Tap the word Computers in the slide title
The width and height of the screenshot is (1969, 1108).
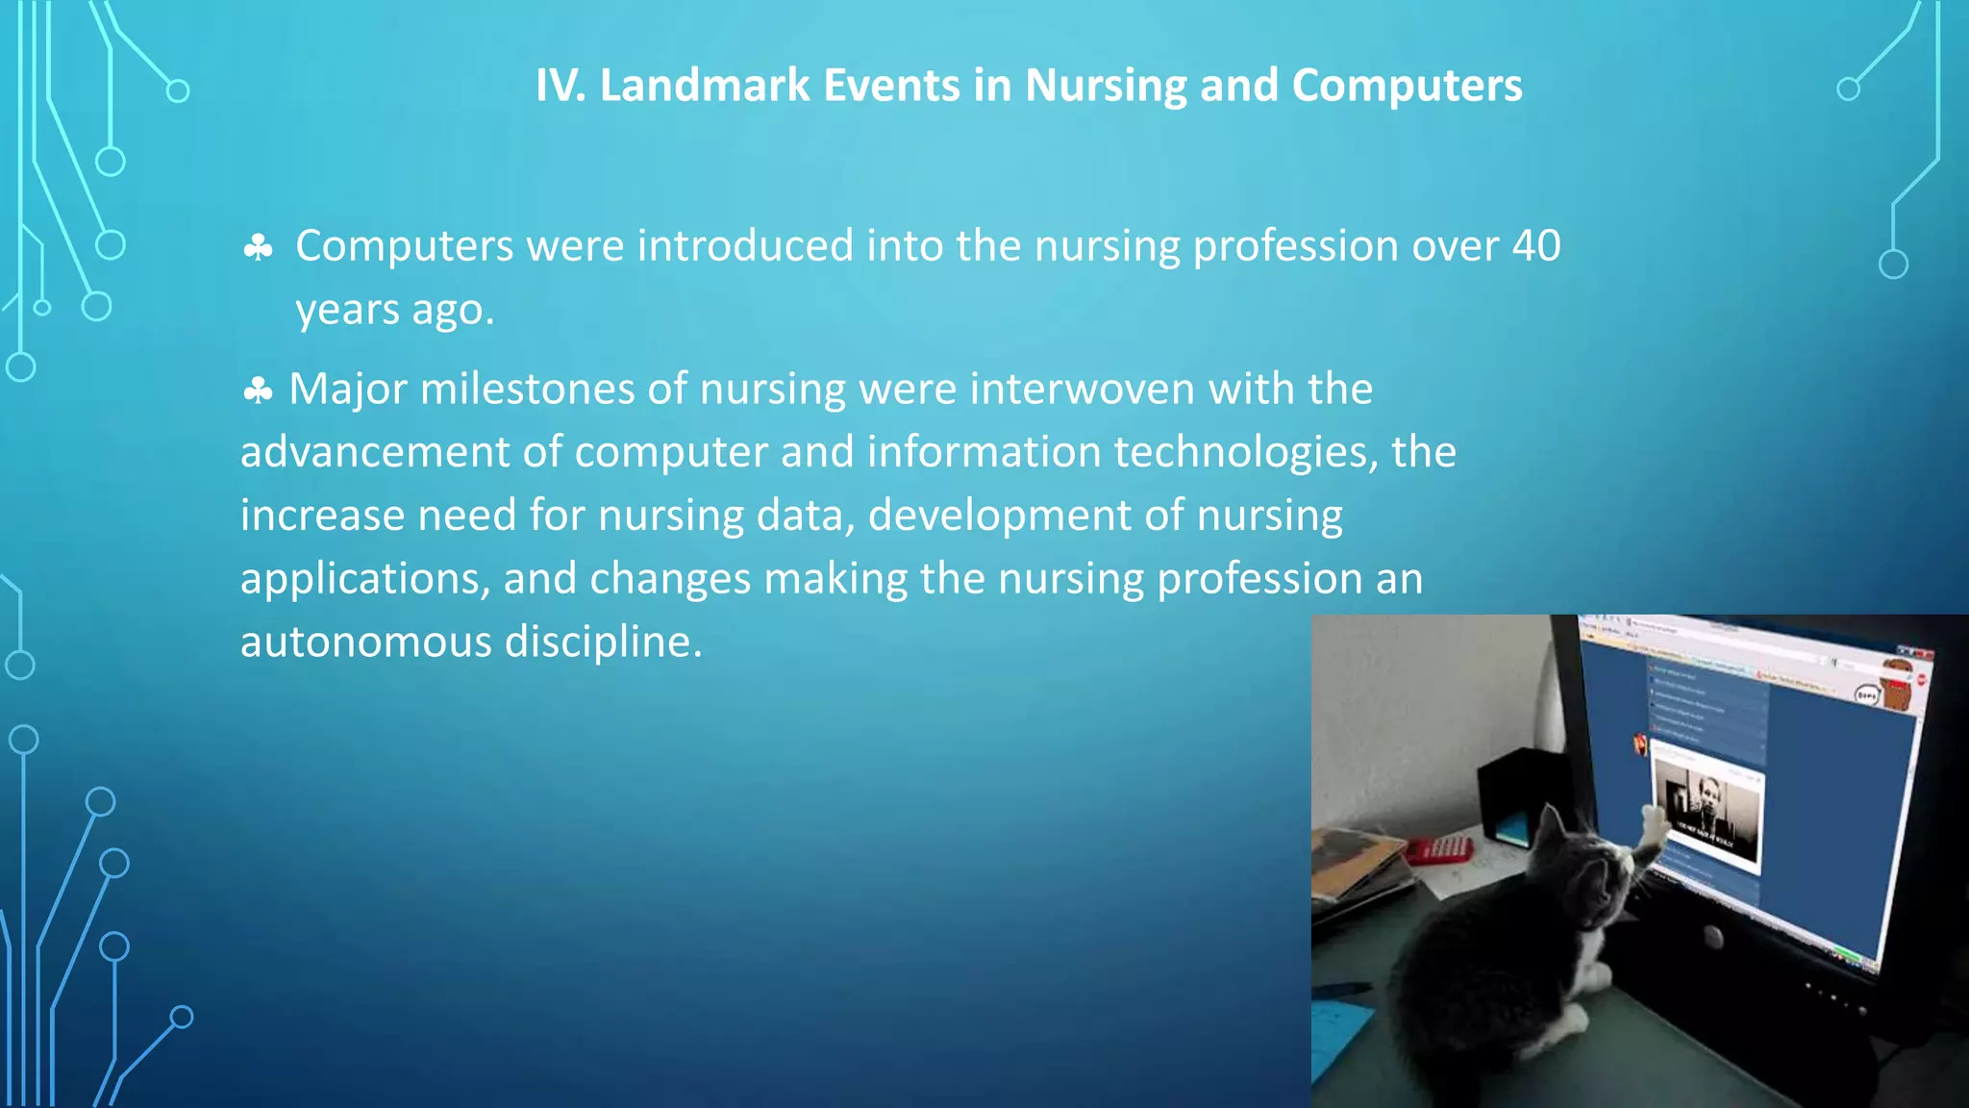(1407, 86)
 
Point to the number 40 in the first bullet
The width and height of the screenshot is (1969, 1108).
(1535, 246)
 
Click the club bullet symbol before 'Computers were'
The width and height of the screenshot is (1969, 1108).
(258, 248)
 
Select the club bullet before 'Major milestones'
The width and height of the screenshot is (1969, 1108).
(258, 391)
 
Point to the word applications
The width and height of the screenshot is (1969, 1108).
(364, 579)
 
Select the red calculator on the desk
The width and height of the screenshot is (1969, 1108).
(1439, 849)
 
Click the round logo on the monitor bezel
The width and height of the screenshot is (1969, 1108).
(1713, 935)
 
